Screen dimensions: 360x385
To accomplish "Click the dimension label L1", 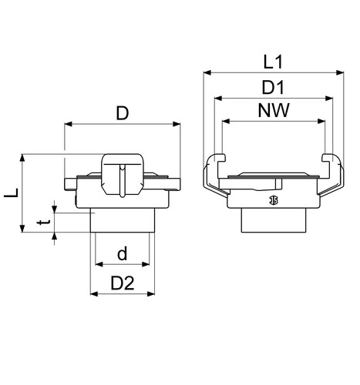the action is pyautogui.click(x=273, y=62).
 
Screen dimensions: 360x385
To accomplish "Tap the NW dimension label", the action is pyautogui.click(x=274, y=110).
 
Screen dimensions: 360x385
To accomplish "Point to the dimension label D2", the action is pyautogui.click(x=123, y=283).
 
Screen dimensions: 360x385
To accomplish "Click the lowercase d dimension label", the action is pyautogui.click(x=123, y=253).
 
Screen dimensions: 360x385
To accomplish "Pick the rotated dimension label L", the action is pyautogui.click(x=12, y=193).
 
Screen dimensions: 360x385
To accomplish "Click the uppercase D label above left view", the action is pyautogui.click(x=123, y=113).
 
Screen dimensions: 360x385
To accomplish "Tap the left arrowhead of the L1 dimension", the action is pyautogui.click(x=207, y=73).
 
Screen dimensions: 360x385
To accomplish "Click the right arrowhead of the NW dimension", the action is pyautogui.click(x=321, y=121).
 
